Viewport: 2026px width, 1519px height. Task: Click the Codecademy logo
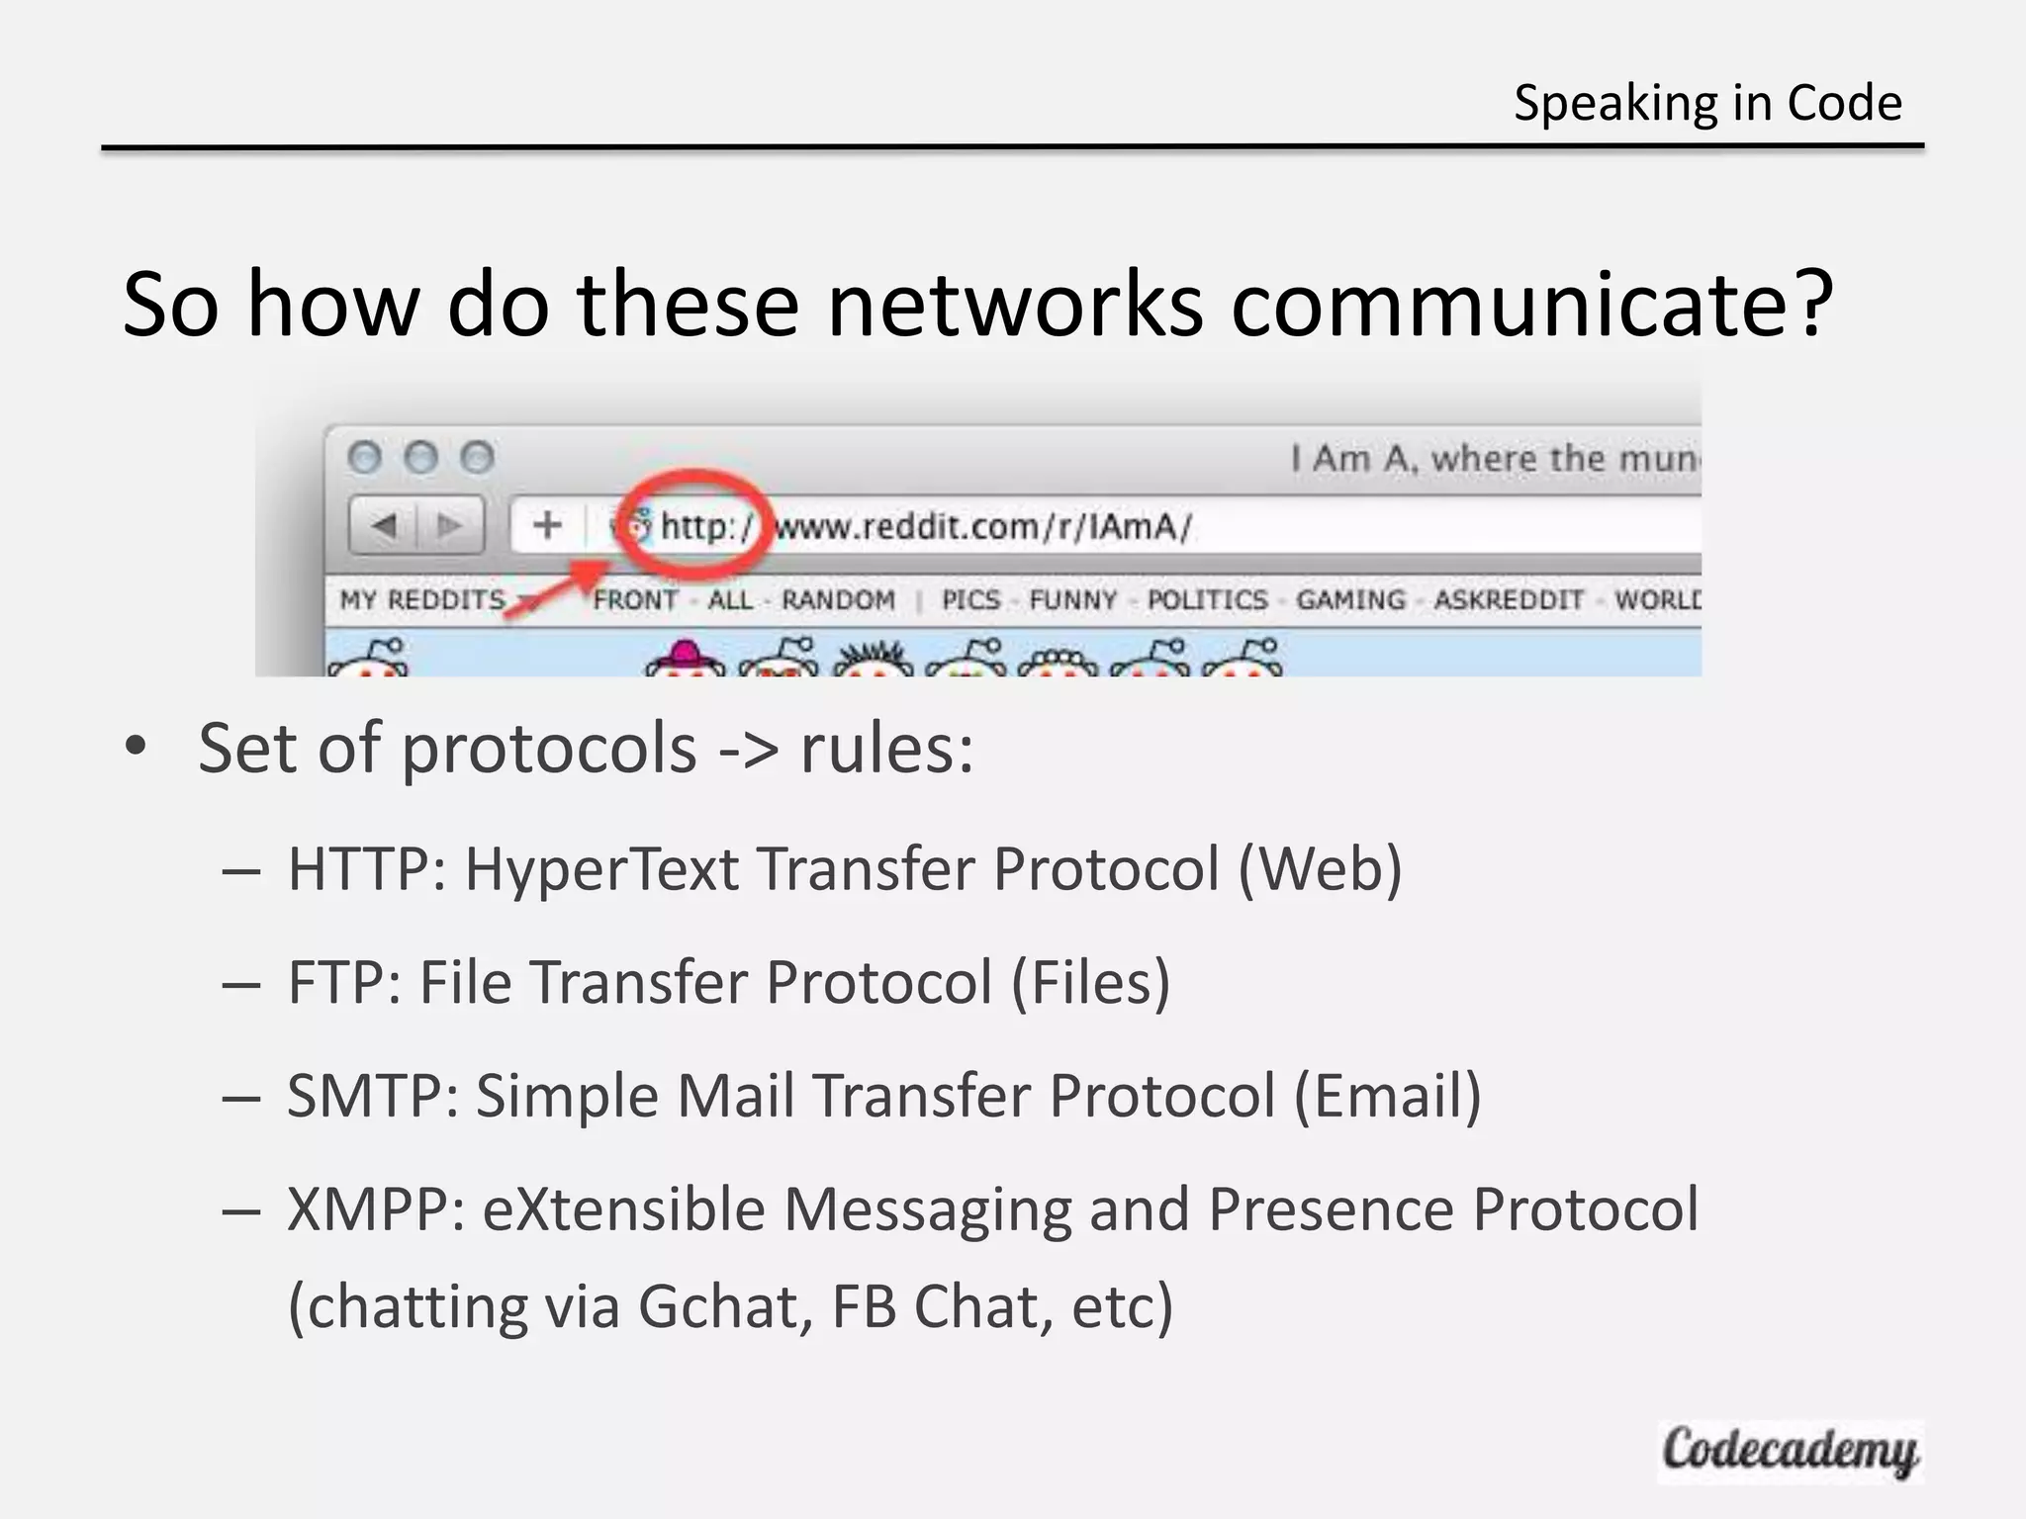coord(1790,1451)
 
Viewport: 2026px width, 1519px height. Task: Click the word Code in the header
coord(1844,103)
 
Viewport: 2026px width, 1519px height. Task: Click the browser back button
coord(384,525)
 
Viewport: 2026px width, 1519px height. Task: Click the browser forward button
coord(451,525)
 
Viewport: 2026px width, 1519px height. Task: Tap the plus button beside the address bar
coord(547,525)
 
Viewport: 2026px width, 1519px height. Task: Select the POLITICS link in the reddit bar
coord(1207,600)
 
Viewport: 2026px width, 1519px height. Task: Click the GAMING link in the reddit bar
coord(1350,600)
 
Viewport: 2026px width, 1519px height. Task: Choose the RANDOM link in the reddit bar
coord(838,600)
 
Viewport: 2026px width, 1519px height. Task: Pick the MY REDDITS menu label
coord(422,600)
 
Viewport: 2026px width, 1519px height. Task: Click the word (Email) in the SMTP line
coord(1387,1096)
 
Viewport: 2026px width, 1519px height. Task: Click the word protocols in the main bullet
coord(549,748)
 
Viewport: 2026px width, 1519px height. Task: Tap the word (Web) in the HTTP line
coord(1320,869)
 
